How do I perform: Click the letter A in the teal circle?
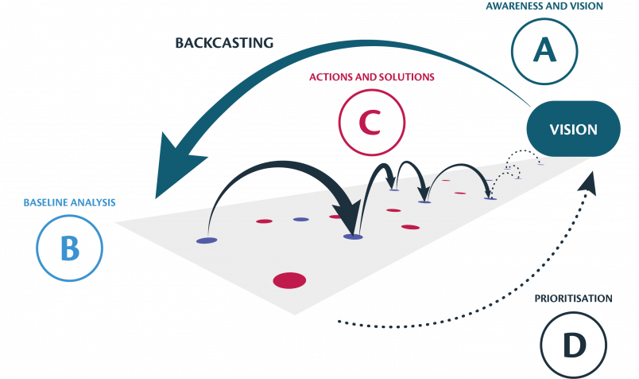coord(544,52)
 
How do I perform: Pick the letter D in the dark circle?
coord(573,345)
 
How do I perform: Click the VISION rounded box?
coord(574,129)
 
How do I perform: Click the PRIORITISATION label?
coord(573,299)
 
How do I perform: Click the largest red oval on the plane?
coord(289,279)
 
